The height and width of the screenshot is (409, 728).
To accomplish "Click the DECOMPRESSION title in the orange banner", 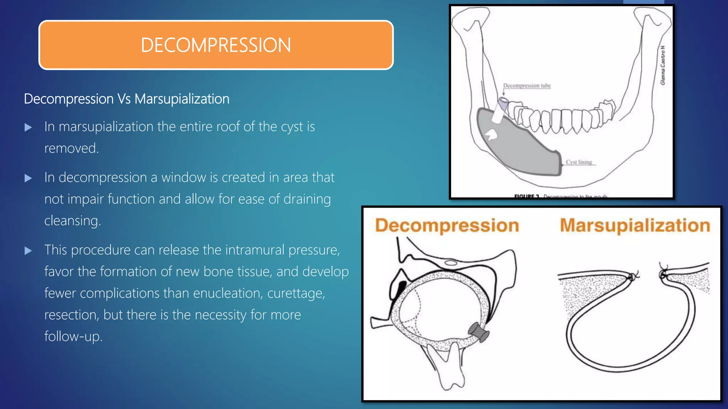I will click(216, 45).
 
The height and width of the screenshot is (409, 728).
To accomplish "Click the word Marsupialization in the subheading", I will click(182, 99).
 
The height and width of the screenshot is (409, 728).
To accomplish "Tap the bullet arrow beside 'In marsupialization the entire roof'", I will click(28, 127).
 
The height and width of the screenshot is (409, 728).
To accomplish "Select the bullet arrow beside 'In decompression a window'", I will click(28, 178).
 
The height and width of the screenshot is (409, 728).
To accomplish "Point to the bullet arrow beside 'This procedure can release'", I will click(28, 251).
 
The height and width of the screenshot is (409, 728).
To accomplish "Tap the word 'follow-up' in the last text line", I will click(73, 337).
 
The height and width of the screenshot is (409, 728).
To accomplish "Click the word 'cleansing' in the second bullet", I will click(72, 221).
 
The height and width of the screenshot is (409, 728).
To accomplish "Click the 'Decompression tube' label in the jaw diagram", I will click(526, 86).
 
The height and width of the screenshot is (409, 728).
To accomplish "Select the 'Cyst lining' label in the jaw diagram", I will click(579, 162).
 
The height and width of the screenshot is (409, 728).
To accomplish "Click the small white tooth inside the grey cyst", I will click(491, 135).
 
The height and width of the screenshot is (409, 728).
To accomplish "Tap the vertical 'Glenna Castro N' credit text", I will click(662, 65).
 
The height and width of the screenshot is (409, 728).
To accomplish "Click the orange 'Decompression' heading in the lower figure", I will click(447, 226).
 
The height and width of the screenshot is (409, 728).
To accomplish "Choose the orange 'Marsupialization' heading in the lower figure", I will click(635, 226).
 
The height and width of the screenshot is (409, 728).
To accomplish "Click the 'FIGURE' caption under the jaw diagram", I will click(526, 196).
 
